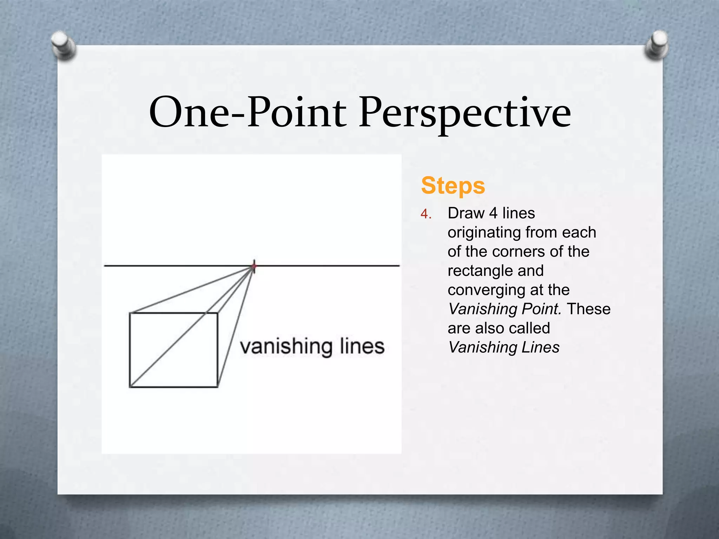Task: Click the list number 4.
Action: click(426, 214)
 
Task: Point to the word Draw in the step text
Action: click(466, 213)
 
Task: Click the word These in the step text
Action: click(589, 309)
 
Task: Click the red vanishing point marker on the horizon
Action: click(254, 266)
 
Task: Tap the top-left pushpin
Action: click(63, 45)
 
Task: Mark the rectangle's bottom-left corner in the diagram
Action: click(130, 387)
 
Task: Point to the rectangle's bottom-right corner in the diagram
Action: click(218, 387)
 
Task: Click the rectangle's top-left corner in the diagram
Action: click(130, 313)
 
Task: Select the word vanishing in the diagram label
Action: click(286, 347)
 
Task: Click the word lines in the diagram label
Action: click(362, 346)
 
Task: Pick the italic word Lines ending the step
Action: click(540, 347)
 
